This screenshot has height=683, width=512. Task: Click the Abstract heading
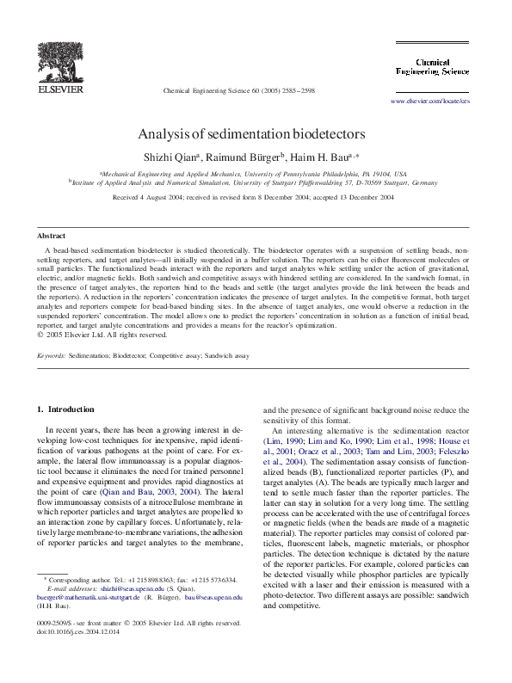click(51, 235)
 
